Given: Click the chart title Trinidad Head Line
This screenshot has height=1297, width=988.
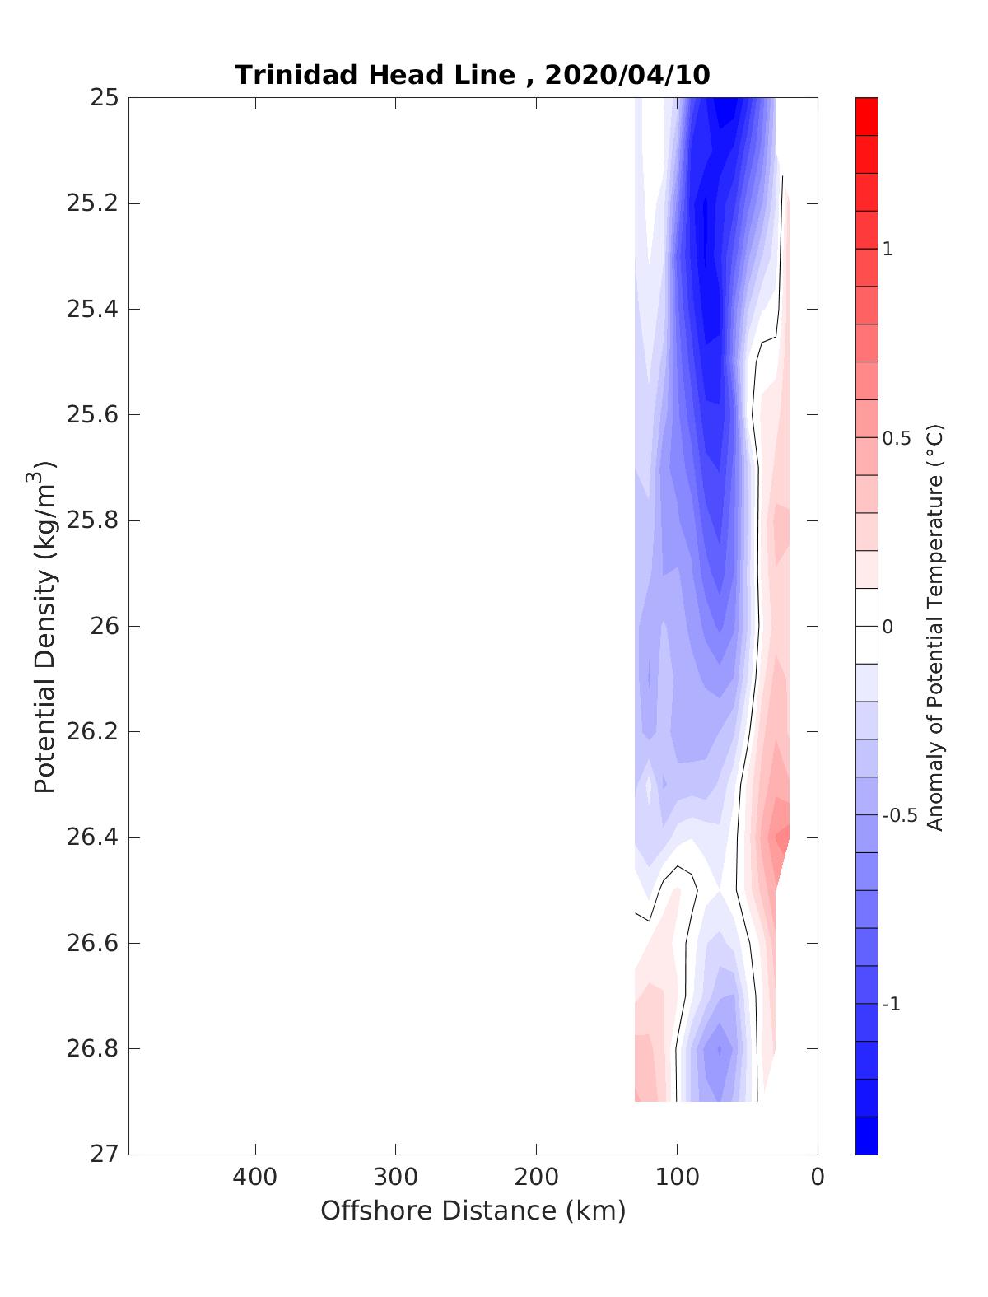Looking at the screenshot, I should tap(375, 75).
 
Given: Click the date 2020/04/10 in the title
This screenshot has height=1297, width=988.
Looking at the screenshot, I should tap(627, 75).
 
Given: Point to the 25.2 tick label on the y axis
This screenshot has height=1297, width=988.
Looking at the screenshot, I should tap(91, 203).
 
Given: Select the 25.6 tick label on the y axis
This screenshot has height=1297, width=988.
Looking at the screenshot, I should tap(91, 415).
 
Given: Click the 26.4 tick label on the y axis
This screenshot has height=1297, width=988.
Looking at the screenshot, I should tap(91, 838).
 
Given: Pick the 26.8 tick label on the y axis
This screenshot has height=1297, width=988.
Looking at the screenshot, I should tap(91, 1049).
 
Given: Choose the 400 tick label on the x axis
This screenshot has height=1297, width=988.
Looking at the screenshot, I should tap(255, 1178).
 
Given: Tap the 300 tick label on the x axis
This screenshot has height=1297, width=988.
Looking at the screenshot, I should tap(396, 1178).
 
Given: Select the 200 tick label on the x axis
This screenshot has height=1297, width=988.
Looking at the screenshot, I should tap(537, 1178).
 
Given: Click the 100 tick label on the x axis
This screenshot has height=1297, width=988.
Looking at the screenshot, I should tap(678, 1178).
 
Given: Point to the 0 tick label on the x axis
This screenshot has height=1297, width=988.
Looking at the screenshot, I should tap(817, 1178).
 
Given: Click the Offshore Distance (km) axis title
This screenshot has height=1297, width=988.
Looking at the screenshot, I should tap(473, 1211).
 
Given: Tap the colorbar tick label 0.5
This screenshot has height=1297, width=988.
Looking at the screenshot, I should tap(897, 438).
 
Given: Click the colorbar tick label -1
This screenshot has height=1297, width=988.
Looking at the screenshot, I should tap(891, 1005).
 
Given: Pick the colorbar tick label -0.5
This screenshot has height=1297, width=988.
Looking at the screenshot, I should tap(899, 816).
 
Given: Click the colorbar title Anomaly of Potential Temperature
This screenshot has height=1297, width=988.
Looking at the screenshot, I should tap(934, 627).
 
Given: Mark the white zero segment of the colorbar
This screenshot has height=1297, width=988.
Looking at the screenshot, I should tap(866, 626).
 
